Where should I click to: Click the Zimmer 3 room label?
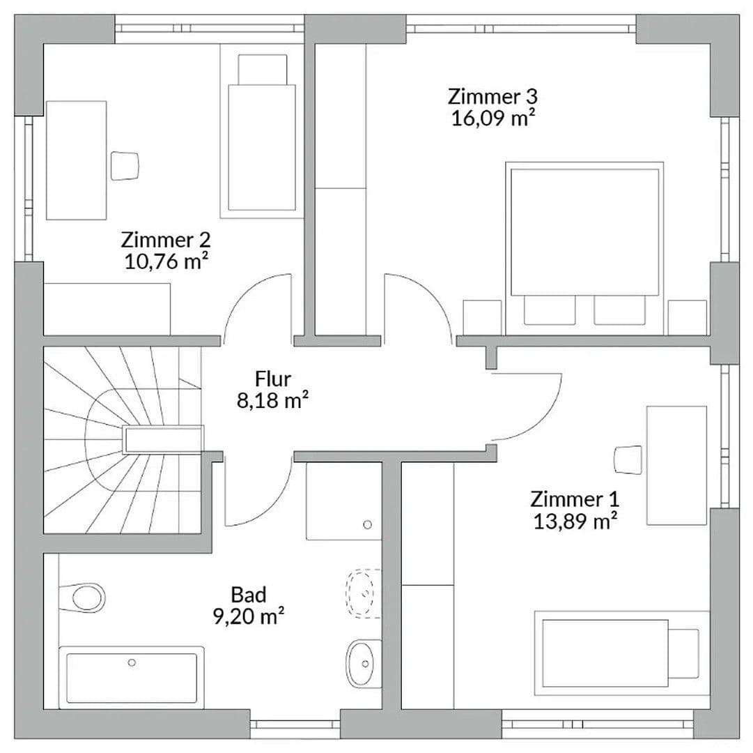tap(492, 96)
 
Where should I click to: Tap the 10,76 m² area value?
tap(165, 262)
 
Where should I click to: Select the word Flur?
tap(273, 379)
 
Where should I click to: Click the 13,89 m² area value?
tap(575, 522)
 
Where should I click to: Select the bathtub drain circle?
tap(132, 663)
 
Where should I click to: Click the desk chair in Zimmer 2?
tap(126, 165)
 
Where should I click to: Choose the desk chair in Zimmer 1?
tap(628, 460)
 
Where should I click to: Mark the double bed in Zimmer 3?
tap(584, 230)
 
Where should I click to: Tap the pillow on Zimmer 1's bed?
tap(684, 653)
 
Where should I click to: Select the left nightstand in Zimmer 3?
tap(482, 318)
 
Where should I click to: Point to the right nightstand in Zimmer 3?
tap(687, 318)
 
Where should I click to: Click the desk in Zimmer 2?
tap(76, 160)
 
